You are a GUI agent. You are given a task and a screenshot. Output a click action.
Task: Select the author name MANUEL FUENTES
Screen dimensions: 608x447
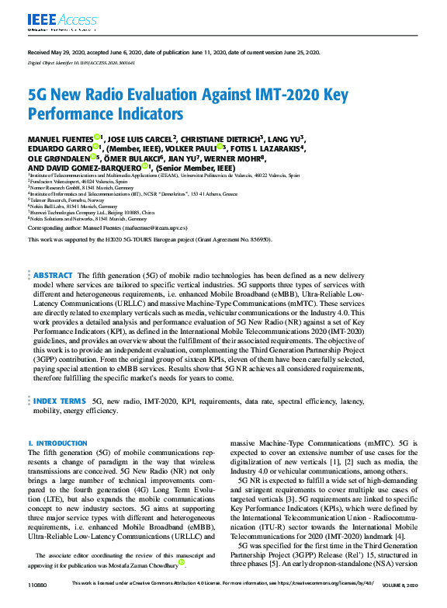pyautogui.click(x=61, y=137)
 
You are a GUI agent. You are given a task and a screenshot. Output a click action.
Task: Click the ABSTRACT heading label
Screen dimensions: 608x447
pyautogui.click(x=53, y=254)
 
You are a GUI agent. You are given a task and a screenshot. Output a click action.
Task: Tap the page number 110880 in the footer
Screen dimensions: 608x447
pyautogui.click(x=36, y=604)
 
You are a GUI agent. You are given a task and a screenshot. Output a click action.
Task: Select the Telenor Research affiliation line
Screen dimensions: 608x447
pyautogui.click(x=67, y=200)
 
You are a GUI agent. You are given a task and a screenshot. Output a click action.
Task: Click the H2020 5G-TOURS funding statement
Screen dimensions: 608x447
pyautogui.click(x=149, y=240)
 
